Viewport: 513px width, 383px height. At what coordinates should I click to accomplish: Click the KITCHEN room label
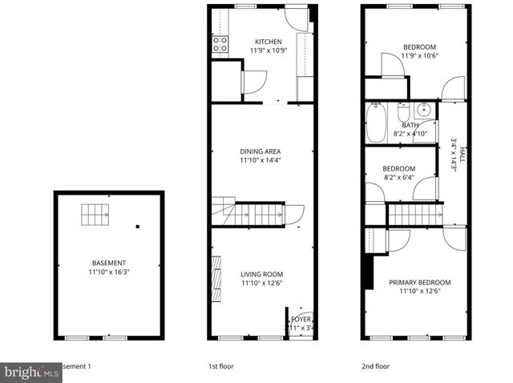(268, 42)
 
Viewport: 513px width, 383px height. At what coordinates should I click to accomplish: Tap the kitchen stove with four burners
(220, 45)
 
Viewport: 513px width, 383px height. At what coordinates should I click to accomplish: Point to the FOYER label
(301, 319)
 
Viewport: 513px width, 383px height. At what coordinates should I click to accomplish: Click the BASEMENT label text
(108, 263)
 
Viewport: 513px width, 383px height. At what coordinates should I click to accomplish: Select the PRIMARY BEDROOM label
(419, 282)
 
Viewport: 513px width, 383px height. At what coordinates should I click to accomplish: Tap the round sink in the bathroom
(426, 111)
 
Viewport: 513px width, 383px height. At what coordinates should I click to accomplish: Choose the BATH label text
(410, 125)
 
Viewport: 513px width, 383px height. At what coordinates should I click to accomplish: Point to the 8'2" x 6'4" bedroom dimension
(399, 177)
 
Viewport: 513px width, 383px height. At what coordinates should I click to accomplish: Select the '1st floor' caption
(221, 366)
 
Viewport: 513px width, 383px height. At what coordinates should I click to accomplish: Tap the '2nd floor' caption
(374, 366)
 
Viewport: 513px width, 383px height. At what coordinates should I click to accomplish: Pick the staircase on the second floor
(415, 215)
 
